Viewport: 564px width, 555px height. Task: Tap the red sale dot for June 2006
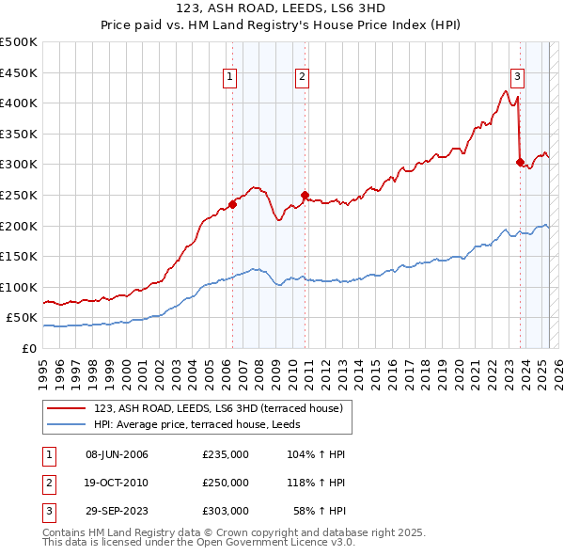tap(232, 204)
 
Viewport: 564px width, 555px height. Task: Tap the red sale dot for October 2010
tap(305, 195)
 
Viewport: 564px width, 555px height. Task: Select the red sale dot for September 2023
tap(520, 162)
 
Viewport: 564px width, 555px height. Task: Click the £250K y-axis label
tap(19, 195)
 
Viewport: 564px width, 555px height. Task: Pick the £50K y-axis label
tap(23, 318)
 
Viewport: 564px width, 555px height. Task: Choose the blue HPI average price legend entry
tap(206, 425)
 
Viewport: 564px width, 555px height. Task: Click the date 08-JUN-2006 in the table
tap(117, 454)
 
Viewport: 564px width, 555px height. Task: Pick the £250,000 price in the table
tap(226, 483)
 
